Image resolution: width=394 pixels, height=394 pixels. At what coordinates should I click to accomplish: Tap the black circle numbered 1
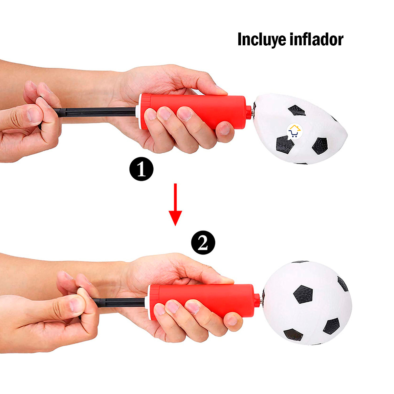(141, 169)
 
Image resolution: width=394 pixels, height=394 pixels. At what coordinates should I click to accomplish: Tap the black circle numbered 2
(203, 243)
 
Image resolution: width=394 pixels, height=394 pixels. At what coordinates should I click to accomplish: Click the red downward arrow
(175, 205)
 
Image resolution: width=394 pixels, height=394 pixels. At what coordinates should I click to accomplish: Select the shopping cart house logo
(294, 131)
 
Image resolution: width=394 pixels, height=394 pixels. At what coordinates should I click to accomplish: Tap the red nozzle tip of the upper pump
(249, 111)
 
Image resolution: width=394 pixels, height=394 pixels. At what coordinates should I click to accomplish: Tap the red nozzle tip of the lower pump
(257, 300)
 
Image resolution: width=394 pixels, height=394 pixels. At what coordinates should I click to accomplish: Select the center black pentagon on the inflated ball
(303, 294)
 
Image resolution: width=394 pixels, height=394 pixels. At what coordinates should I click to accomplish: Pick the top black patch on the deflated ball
(297, 110)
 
